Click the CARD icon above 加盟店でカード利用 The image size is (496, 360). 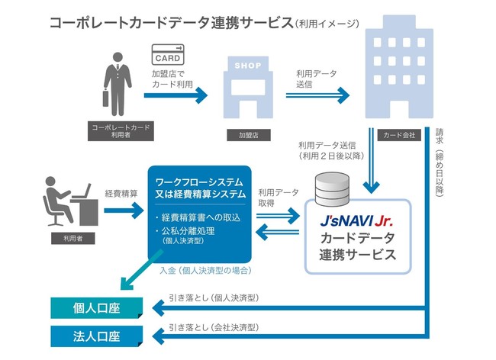[167, 54]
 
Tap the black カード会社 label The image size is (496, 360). [398, 135]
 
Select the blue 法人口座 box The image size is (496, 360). [96, 336]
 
